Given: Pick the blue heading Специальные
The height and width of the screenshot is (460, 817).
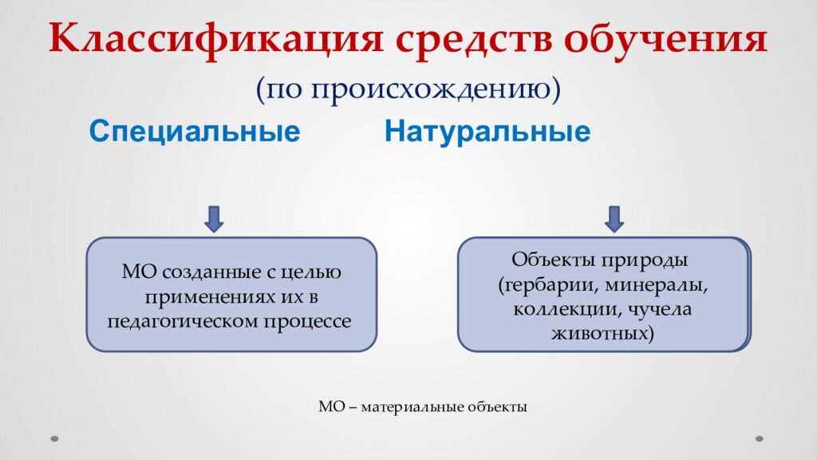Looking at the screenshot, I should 194,132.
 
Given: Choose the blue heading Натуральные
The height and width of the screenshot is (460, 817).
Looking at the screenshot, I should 487,132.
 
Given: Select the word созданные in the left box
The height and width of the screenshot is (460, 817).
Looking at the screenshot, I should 198,272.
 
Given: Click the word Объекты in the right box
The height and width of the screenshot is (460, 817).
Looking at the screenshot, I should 552,261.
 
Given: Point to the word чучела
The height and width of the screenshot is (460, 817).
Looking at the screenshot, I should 659,309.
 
